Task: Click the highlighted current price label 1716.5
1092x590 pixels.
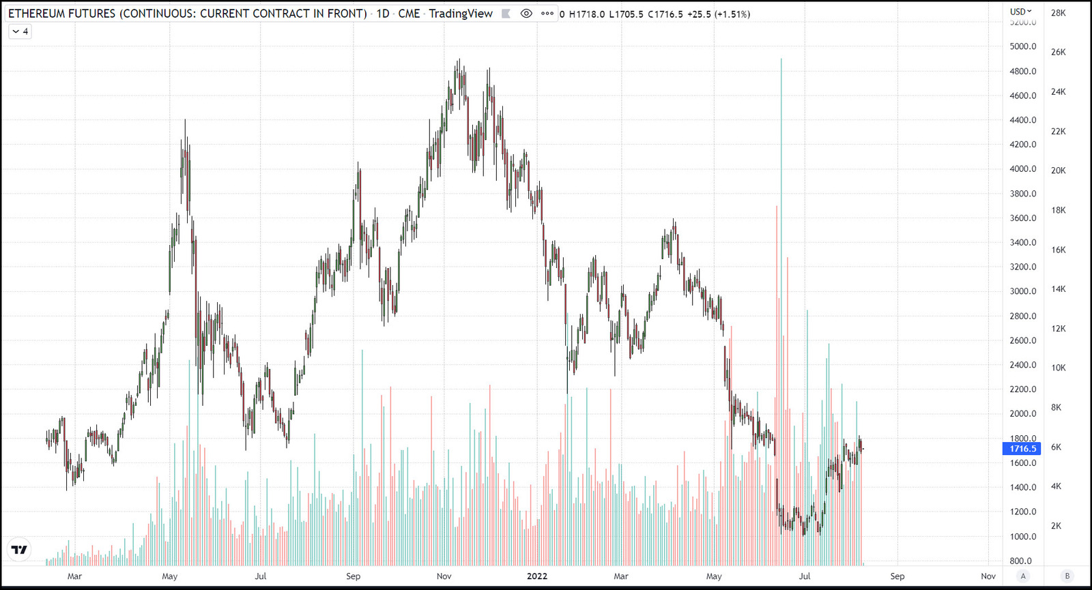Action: pyautogui.click(x=1022, y=448)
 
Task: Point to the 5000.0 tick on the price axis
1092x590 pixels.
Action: pyautogui.click(x=1022, y=46)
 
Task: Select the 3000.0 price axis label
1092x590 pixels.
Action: pyautogui.click(x=1022, y=291)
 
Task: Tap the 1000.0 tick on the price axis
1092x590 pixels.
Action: pyautogui.click(x=1022, y=536)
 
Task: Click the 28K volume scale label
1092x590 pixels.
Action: pyautogui.click(x=1058, y=13)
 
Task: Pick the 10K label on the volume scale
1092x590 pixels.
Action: pyautogui.click(x=1058, y=368)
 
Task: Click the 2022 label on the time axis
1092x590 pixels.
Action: pyautogui.click(x=537, y=576)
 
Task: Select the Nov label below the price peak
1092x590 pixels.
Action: pyautogui.click(x=444, y=576)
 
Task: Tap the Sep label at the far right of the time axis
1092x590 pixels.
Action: pyautogui.click(x=897, y=576)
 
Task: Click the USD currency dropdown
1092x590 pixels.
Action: pyautogui.click(x=1021, y=12)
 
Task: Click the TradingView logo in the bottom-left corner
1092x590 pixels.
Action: pyautogui.click(x=19, y=549)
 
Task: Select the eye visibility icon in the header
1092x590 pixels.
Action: pyautogui.click(x=526, y=14)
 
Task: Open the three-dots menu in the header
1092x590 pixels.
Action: pyautogui.click(x=547, y=14)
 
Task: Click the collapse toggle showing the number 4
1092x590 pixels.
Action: pyautogui.click(x=20, y=31)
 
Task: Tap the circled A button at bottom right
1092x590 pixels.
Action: pyautogui.click(x=1022, y=576)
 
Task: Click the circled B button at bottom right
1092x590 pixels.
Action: pyautogui.click(x=1067, y=576)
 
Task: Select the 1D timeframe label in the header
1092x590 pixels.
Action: pyautogui.click(x=383, y=14)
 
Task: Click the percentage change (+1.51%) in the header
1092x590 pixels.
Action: pyautogui.click(x=732, y=14)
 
